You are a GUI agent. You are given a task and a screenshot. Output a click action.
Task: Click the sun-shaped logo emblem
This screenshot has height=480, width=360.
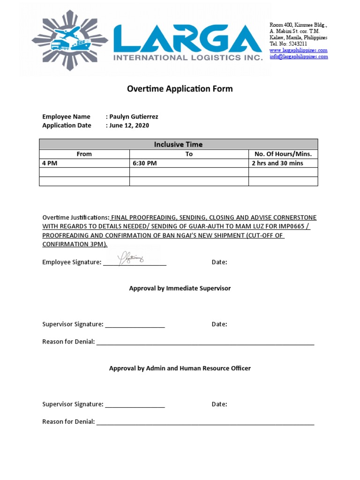click(x=70, y=41)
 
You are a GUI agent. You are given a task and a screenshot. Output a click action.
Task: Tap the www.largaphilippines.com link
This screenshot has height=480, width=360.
click(x=298, y=50)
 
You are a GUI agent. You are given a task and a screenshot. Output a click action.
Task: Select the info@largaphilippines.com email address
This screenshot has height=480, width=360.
click(x=299, y=57)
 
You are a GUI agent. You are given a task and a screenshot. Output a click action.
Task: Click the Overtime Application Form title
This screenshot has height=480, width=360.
click(x=180, y=89)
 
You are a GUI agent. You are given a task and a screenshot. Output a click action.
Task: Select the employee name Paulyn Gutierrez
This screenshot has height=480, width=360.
click(x=134, y=117)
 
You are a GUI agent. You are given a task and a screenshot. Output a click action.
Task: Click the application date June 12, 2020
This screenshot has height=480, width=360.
click(x=129, y=125)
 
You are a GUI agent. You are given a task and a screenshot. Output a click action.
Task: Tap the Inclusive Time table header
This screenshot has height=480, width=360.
click(x=178, y=144)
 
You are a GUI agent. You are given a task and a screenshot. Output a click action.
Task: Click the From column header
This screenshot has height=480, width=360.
click(x=84, y=154)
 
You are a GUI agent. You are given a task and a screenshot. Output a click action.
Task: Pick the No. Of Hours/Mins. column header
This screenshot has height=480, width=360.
click(x=283, y=154)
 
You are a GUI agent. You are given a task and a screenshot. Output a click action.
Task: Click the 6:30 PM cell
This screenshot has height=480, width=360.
click(x=145, y=163)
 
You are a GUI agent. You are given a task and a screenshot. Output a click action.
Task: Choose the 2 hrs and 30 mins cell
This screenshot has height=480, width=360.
click(x=277, y=163)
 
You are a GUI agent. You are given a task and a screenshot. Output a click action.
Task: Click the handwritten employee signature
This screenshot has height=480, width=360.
click(x=131, y=257)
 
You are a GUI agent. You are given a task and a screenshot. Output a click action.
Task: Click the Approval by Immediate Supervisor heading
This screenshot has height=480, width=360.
click(x=180, y=288)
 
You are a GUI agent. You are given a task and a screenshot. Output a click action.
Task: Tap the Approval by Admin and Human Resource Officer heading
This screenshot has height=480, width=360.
click(x=180, y=368)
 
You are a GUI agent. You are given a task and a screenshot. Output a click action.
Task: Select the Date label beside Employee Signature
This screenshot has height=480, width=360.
click(x=219, y=262)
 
